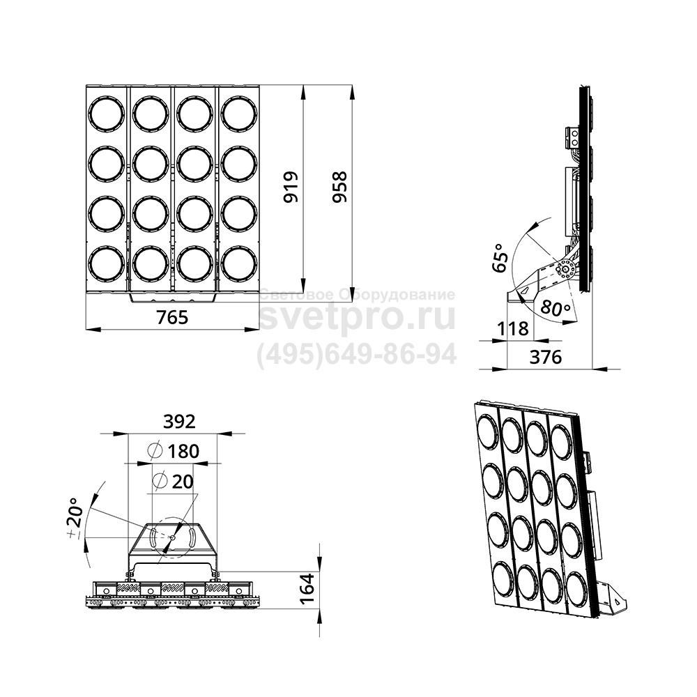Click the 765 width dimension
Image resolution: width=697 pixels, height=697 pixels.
click(172, 317)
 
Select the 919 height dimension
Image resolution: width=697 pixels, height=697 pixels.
click(291, 187)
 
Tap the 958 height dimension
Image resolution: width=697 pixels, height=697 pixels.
click(339, 187)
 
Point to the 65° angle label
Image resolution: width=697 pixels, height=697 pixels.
click(500, 257)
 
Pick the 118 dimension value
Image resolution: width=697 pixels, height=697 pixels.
click(513, 328)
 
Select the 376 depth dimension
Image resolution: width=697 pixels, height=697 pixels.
click(546, 357)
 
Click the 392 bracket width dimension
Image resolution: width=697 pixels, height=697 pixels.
click(179, 422)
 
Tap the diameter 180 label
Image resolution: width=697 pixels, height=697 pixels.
click(174, 451)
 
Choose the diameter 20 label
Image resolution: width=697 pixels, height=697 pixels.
click(173, 481)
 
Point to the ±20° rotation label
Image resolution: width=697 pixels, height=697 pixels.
click(75, 519)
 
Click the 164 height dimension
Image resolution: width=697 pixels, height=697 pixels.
click(307, 589)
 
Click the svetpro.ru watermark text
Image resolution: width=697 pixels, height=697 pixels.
click(358, 316)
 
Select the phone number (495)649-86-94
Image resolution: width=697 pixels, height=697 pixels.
click(357, 355)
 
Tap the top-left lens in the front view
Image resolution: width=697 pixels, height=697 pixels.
click(107, 114)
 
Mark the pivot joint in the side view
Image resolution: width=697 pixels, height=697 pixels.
click(566, 269)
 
